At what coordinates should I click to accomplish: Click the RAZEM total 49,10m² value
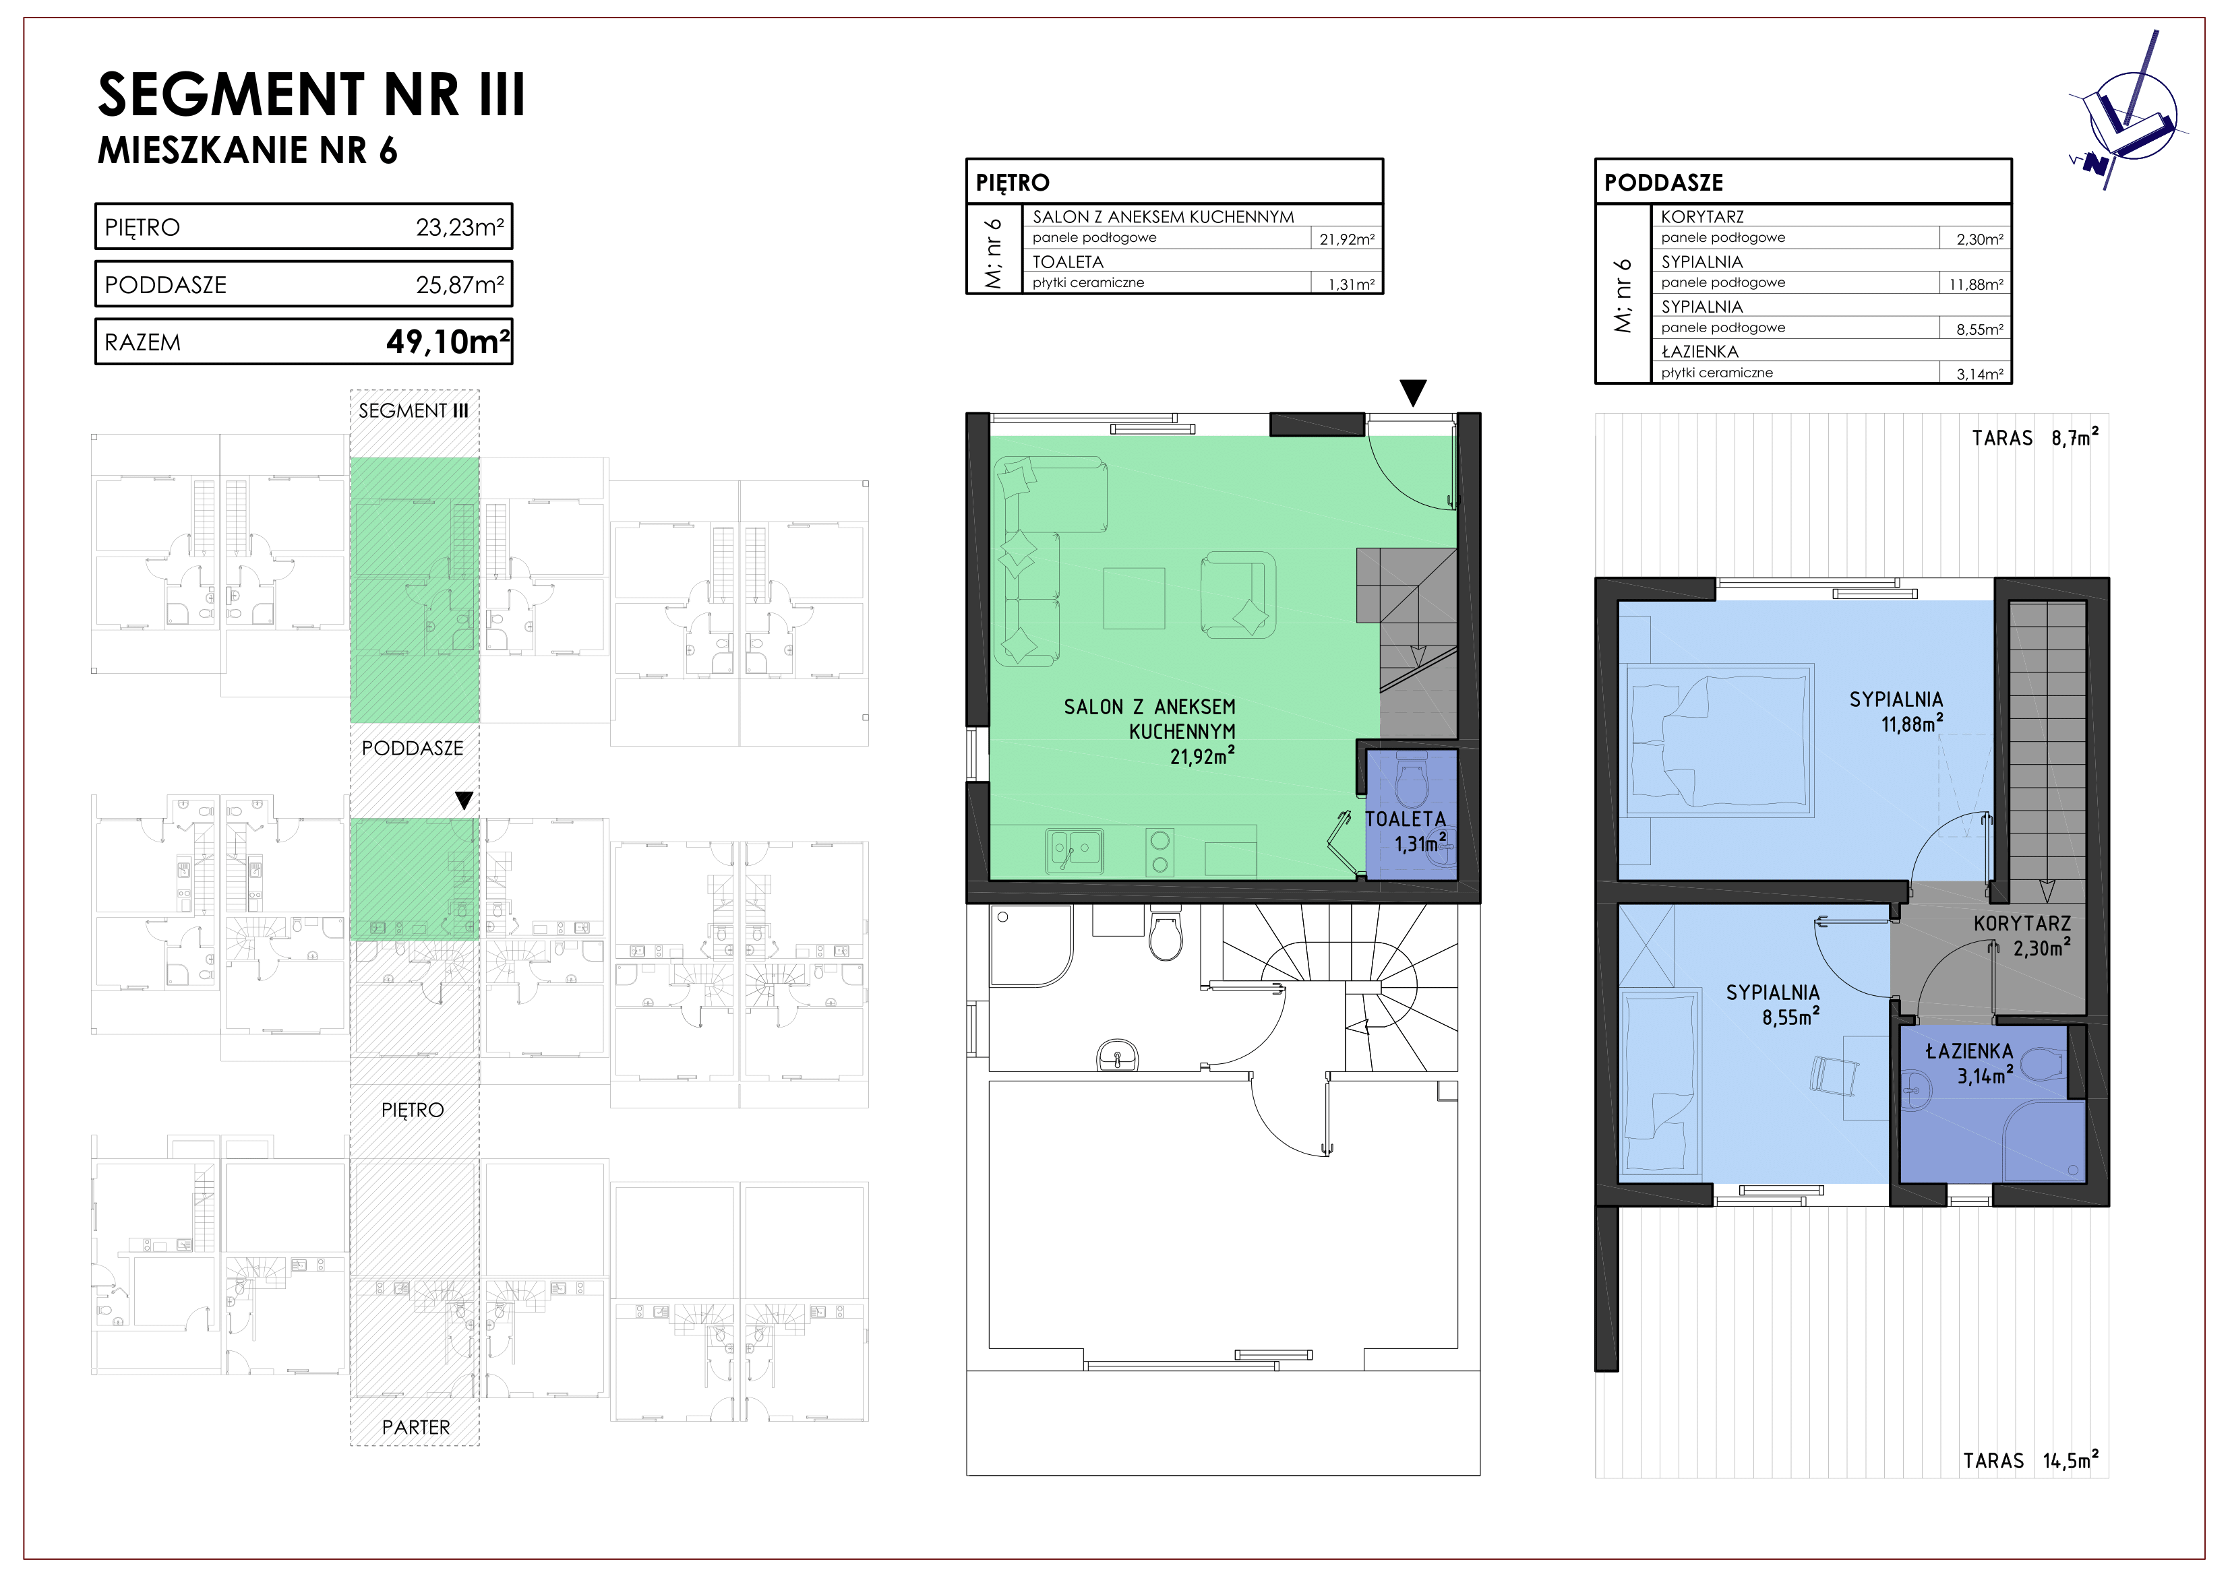click(x=448, y=342)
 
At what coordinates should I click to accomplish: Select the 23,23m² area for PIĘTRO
click(x=459, y=227)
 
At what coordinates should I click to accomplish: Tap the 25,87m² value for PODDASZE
click(x=459, y=284)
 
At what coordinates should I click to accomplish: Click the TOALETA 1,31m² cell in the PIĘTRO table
click(x=1351, y=284)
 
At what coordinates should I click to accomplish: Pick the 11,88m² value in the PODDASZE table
click(x=1976, y=284)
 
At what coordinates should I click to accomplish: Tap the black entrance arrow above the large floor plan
click(x=1413, y=392)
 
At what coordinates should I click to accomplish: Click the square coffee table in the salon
click(x=1133, y=598)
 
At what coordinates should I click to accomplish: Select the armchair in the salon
click(x=1238, y=594)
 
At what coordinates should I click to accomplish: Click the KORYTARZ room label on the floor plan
click(x=2022, y=924)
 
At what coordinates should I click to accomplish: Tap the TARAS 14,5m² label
click(x=2030, y=1461)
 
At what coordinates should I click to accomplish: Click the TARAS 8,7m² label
click(x=2035, y=438)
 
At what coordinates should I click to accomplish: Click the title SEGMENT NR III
click(x=311, y=94)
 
